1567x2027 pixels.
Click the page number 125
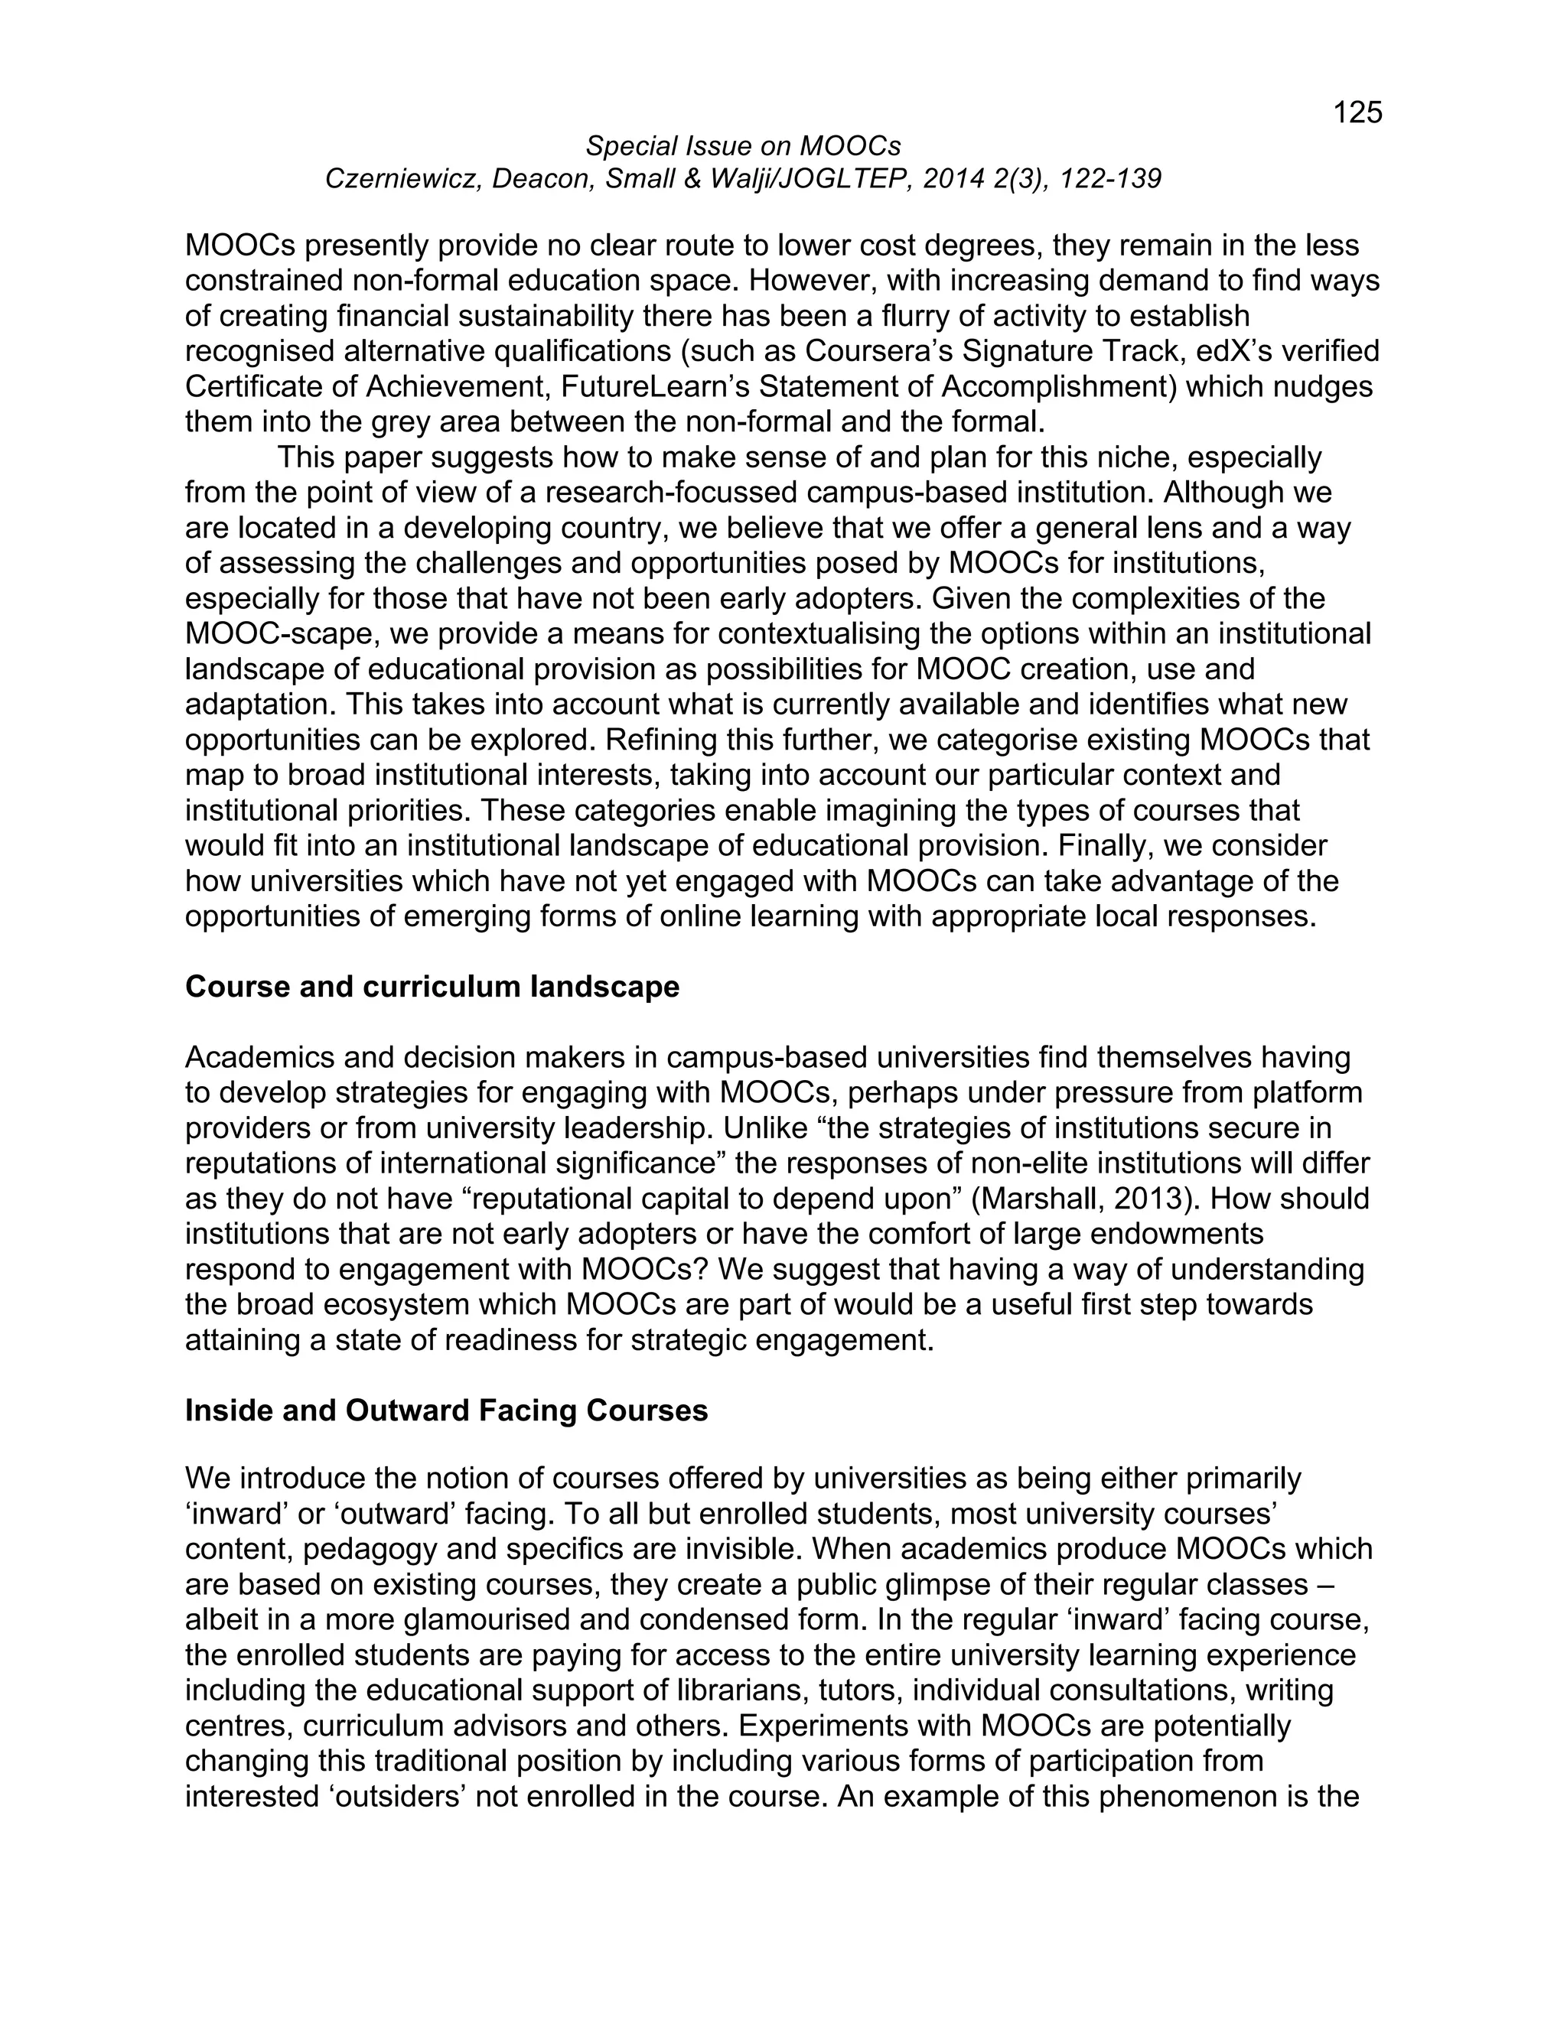(1357, 112)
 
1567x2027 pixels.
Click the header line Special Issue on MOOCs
(743, 145)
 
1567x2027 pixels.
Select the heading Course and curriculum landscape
(432, 987)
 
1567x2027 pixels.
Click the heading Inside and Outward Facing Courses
(447, 1410)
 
